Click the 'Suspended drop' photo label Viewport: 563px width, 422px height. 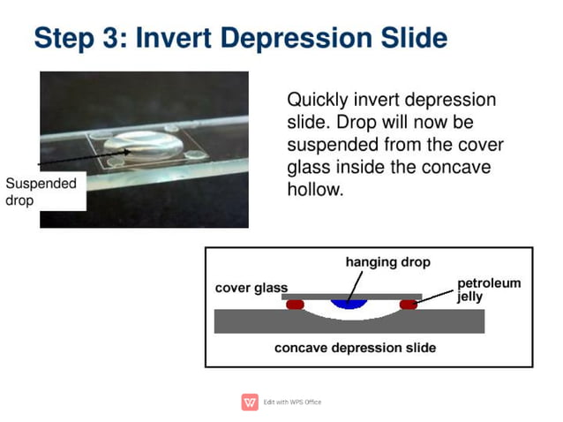pyautogui.click(x=41, y=192)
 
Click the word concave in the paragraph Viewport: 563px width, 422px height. pyautogui.click(x=452, y=167)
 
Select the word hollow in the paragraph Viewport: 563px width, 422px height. pyautogui.click(x=312, y=189)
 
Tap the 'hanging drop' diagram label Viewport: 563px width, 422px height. pyautogui.click(x=387, y=262)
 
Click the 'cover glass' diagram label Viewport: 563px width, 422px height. pyautogui.click(x=251, y=288)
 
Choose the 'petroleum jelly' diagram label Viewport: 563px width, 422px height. pyautogui.click(x=488, y=290)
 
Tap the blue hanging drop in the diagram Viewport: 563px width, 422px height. pyautogui.click(x=349, y=304)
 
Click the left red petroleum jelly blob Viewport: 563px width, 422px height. pyautogui.click(x=295, y=305)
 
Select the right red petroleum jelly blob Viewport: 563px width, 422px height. pyautogui.click(x=408, y=305)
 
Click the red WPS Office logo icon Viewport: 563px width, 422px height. pyautogui.click(x=250, y=403)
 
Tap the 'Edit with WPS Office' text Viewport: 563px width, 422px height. pyautogui.click(x=293, y=403)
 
